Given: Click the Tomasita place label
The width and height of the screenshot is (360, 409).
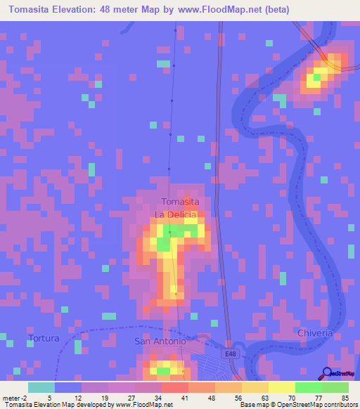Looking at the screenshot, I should pyautogui.click(x=180, y=202).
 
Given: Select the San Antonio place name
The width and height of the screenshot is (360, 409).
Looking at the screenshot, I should pyautogui.click(x=160, y=342).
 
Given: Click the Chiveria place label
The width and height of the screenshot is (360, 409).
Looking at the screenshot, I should pyautogui.click(x=314, y=332).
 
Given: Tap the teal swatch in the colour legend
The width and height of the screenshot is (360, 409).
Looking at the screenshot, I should pyautogui.click(x=41, y=387).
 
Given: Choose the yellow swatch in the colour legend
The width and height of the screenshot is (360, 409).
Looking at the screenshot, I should pyautogui.click(x=282, y=387).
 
